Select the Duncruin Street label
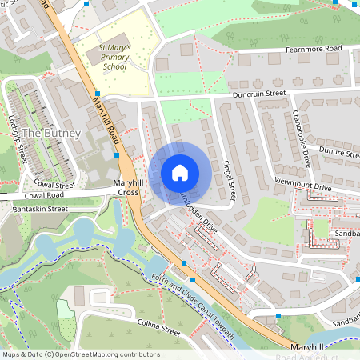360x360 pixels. pyautogui.click(x=259, y=94)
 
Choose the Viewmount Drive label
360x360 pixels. pyautogui.click(x=302, y=186)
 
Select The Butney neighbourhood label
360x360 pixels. pyautogui.click(x=51, y=133)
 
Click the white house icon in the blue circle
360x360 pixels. pyautogui.click(x=180, y=172)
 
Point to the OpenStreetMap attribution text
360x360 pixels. pyautogui.click(x=80, y=354)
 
